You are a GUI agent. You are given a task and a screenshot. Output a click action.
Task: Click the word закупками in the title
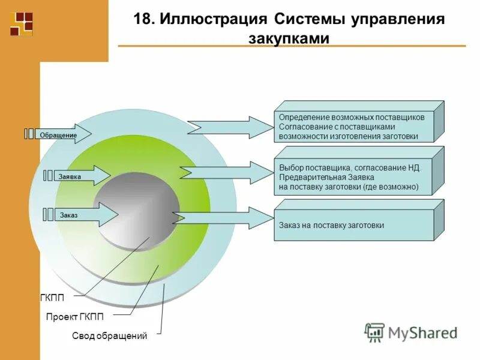click(x=289, y=38)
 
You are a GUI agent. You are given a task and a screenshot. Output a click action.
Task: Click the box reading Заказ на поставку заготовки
click(x=354, y=225)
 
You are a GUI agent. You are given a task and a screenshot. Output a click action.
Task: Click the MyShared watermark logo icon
click(x=374, y=331)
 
